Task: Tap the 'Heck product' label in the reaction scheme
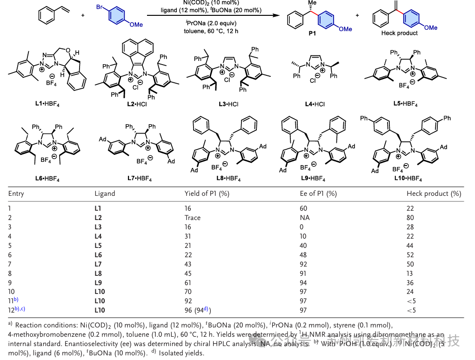pyautogui.click(x=399, y=33)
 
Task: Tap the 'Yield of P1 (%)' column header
pyautogui.click(x=207, y=193)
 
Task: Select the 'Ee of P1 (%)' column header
pyautogui.click(x=318, y=193)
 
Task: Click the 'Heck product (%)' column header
pyautogui.click(x=434, y=193)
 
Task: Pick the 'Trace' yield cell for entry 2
pyautogui.click(x=193, y=218)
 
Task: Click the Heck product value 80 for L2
pyautogui.click(x=410, y=218)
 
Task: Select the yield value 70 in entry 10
pyautogui.click(x=188, y=292)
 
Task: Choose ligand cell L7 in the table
pyautogui.click(x=98, y=264)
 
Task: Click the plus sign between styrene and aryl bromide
pyautogui.click(x=83, y=15)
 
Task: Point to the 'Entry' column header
pyautogui.click(x=16, y=193)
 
